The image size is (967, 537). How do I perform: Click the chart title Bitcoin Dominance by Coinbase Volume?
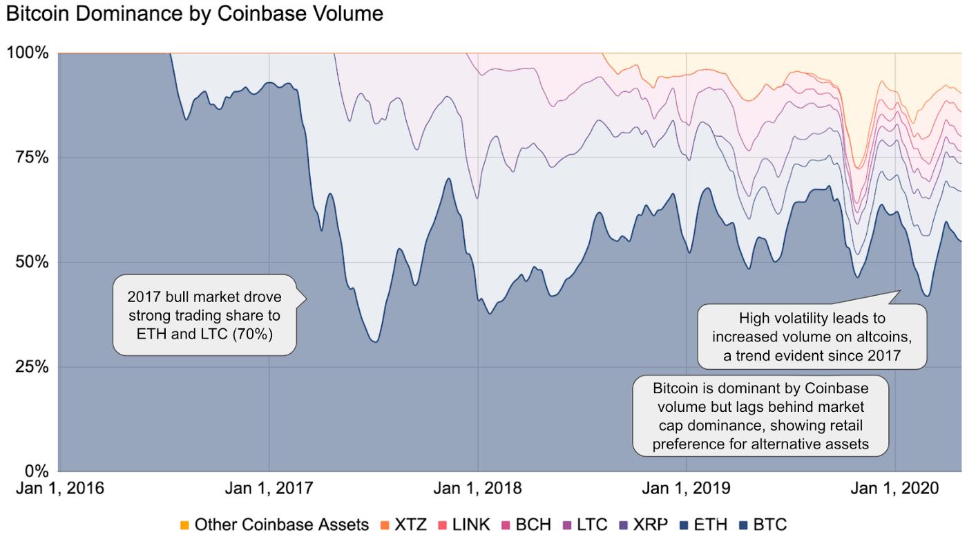pyautogui.click(x=195, y=14)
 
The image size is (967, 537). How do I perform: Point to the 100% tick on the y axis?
pyautogui.click(x=28, y=53)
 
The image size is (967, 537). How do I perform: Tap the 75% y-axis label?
pyautogui.click(x=32, y=158)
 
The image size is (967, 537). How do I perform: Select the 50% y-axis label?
pyautogui.click(x=32, y=262)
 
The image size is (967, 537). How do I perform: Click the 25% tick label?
pyautogui.click(x=32, y=367)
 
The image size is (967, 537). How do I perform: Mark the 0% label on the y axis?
pyautogui.click(x=37, y=471)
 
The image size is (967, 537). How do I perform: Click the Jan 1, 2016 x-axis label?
pyautogui.click(x=60, y=489)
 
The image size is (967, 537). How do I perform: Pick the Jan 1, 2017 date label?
pyautogui.click(x=269, y=489)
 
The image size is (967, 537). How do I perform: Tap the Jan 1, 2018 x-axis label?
pyautogui.click(x=478, y=489)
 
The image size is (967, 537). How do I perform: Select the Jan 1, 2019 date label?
pyautogui.click(x=687, y=489)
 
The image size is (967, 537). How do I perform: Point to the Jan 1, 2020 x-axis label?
pyautogui.click(x=895, y=489)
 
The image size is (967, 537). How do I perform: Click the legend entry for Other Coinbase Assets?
pyautogui.click(x=275, y=525)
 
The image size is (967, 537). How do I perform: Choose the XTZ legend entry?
pyautogui.click(x=403, y=525)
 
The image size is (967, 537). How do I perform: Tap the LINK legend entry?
pyautogui.click(x=464, y=525)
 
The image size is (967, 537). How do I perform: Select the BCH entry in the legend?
pyautogui.click(x=526, y=525)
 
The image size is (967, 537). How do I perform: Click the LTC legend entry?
pyautogui.click(x=586, y=525)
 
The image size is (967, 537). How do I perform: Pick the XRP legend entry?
pyautogui.click(x=643, y=525)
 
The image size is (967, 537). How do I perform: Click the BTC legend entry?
pyautogui.click(x=763, y=525)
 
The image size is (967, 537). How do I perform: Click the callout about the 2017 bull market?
pyautogui.click(x=204, y=315)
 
